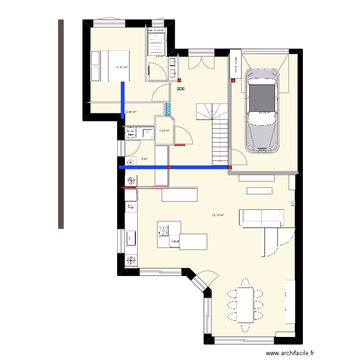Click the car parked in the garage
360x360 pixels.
[x=262, y=110]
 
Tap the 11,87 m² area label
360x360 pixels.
[x=122, y=67]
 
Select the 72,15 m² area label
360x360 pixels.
[x=218, y=216]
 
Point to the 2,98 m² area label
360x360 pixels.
[x=131, y=112]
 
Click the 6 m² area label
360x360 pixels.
[x=144, y=159]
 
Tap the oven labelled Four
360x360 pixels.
[x=175, y=242]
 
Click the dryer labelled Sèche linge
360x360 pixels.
[x=130, y=133]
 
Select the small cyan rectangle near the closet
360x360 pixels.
[x=168, y=109]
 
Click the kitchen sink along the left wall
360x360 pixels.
[x=131, y=238]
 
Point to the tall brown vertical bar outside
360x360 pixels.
[x=61, y=124]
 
